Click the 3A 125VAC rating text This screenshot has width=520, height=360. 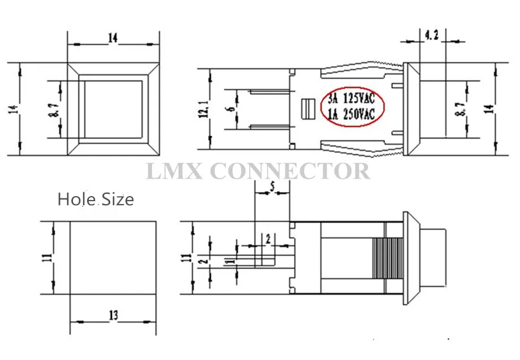click(351, 98)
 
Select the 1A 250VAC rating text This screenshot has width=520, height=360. click(351, 114)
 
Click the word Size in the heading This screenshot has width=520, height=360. click(118, 199)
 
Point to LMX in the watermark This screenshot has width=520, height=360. click(174, 171)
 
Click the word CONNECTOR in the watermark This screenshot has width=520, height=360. click(290, 171)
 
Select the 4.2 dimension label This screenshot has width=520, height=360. click(431, 35)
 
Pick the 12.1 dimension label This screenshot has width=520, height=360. click(205, 109)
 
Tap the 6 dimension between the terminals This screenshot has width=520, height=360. click(232, 109)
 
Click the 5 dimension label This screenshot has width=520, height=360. click(272, 187)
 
